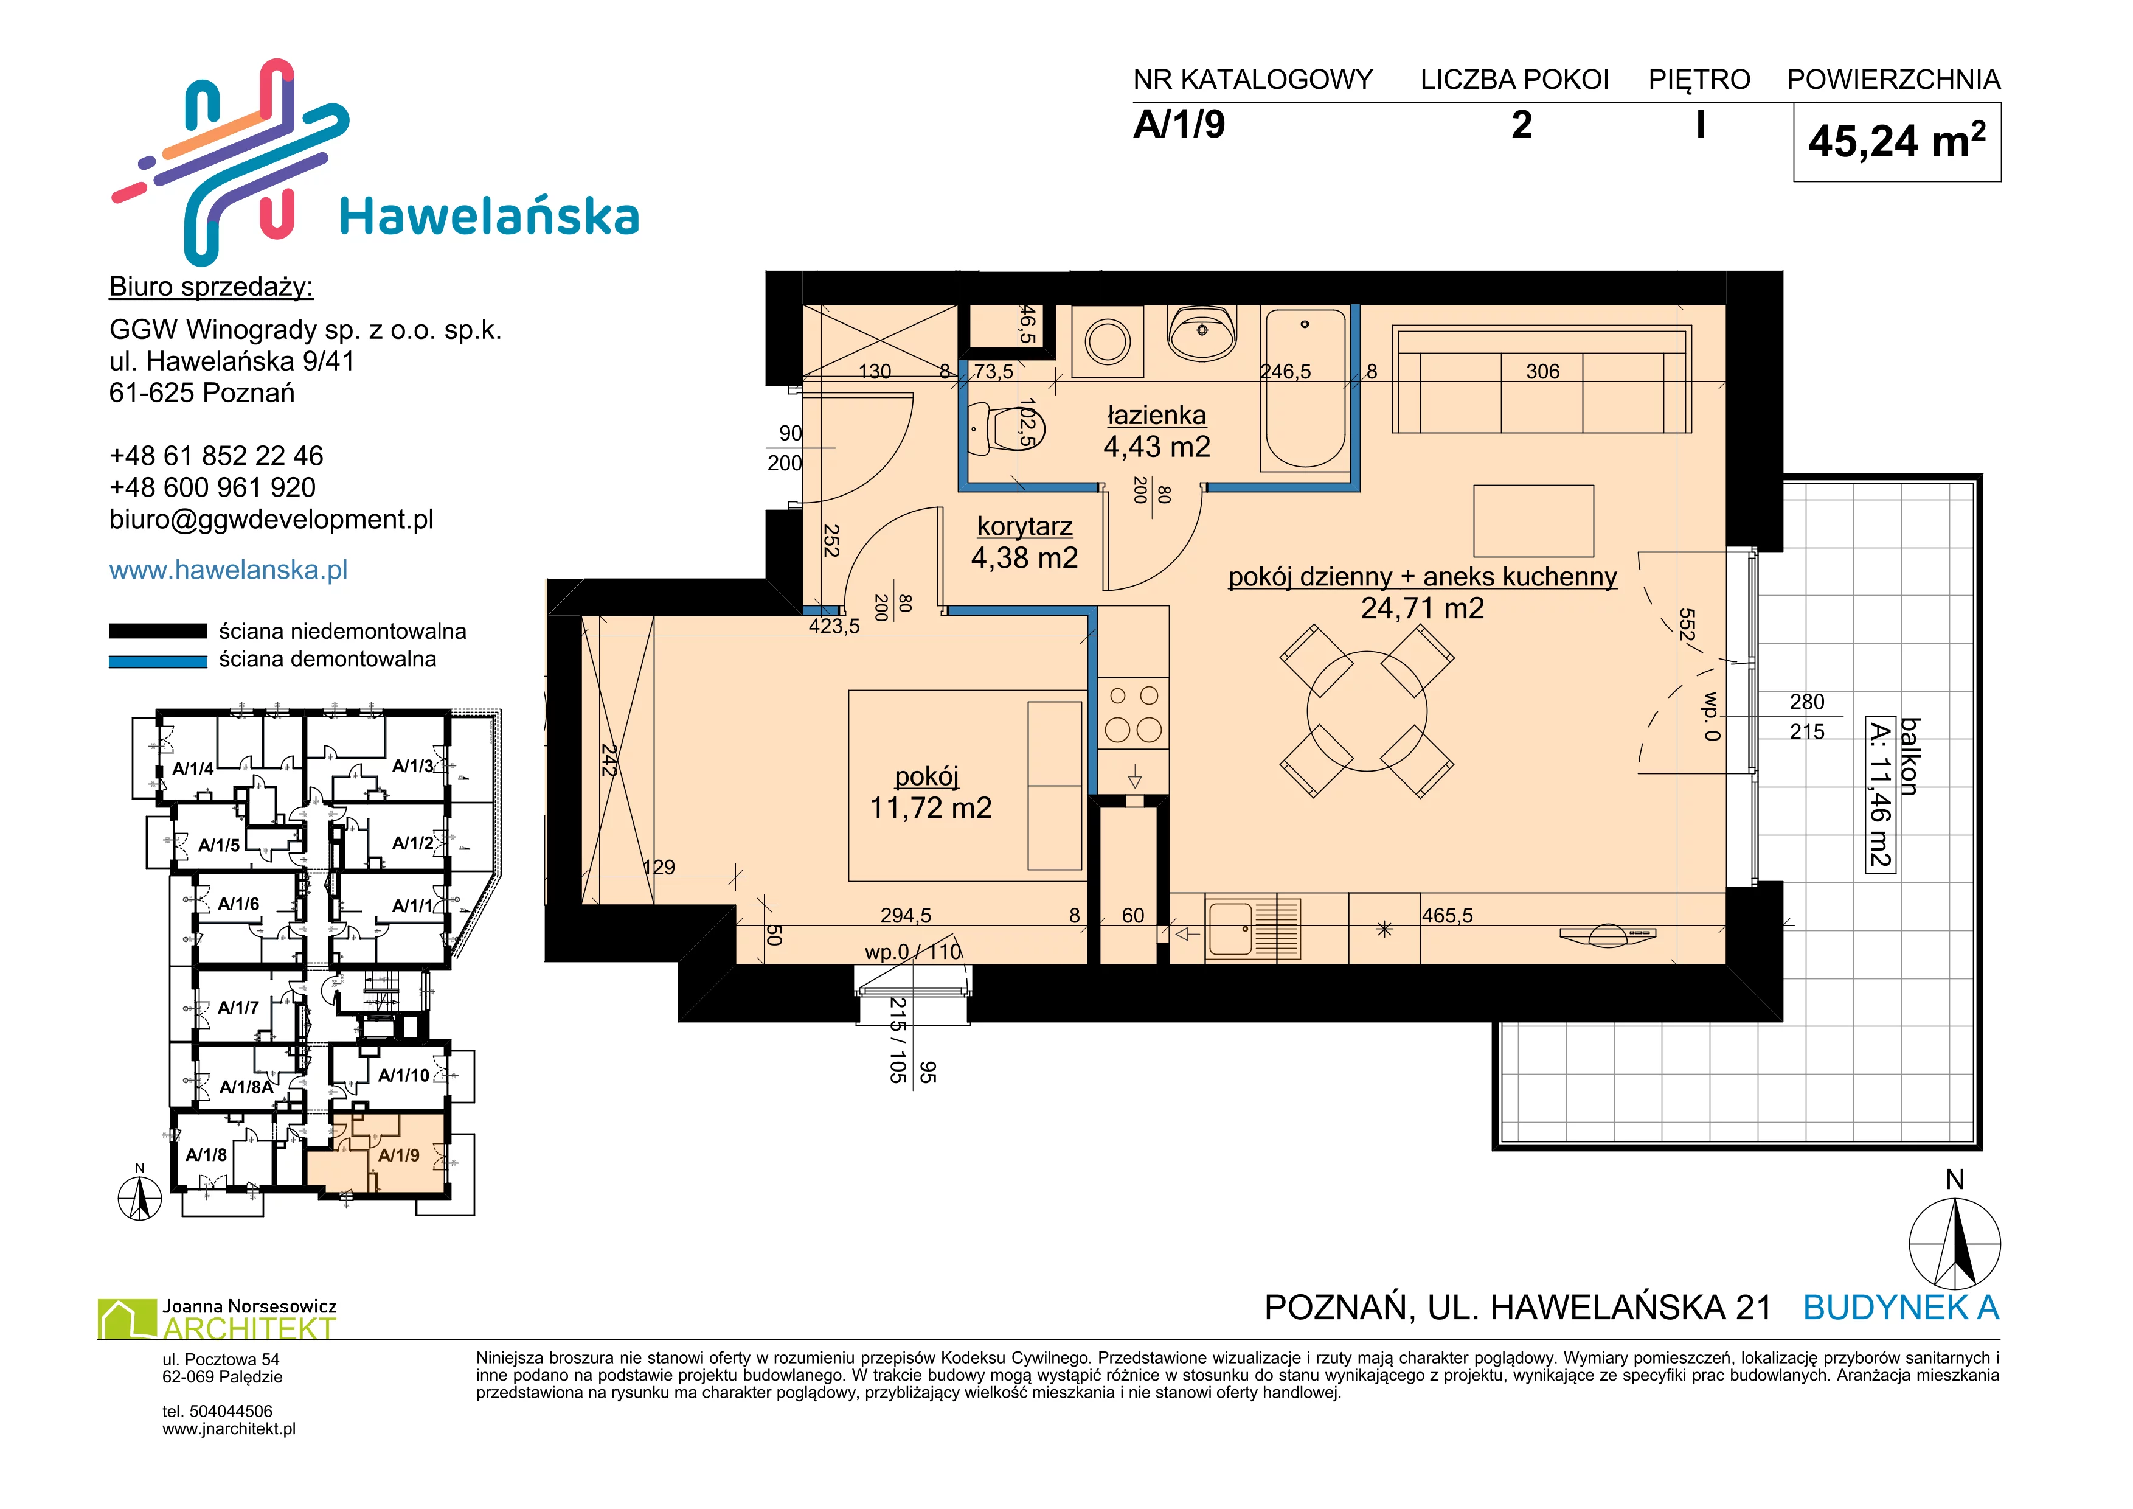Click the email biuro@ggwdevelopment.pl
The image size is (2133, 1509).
pyautogui.click(x=271, y=520)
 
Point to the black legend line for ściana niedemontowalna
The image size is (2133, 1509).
pyautogui.click(x=158, y=631)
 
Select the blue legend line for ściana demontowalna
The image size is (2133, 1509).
pyautogui.click(x=158, y=661)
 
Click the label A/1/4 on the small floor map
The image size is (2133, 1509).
pyautogui.click(x=193, y=768)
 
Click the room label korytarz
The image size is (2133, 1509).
pyautogui.click(x=1025, y=527)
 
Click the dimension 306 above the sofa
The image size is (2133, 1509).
pyautogui.click(x=1542, y=372)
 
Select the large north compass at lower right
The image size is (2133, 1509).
pyautogui.click(x=1955, y=1243)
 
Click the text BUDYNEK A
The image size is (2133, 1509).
pyautogui.click(x=1901, y=1308)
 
